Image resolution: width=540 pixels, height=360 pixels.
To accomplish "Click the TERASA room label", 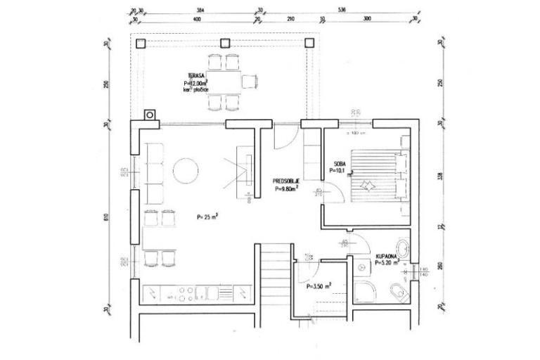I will coord(196,75).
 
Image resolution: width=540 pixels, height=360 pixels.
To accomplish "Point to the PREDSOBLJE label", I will coord(287,181).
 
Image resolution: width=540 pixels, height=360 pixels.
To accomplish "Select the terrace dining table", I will coord(224,82).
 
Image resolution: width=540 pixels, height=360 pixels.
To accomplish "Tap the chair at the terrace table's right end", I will coord(249,82).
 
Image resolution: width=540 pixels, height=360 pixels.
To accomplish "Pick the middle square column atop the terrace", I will coord(224,43).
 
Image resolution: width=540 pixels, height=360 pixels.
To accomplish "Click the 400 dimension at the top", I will coord(196,19).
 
